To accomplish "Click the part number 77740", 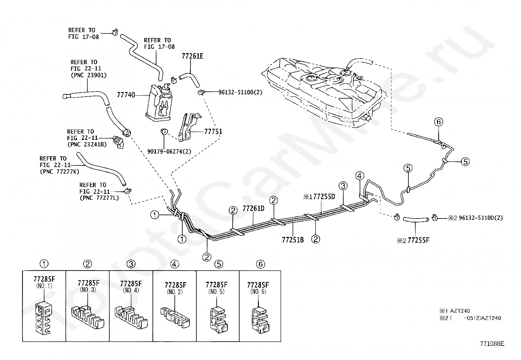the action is coord(126,95).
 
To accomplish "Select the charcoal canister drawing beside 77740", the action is coord(159,103).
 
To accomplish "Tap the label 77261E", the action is coord(192,56).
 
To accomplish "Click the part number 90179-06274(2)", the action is coord(169,152).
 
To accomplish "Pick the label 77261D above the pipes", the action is coord(253,208).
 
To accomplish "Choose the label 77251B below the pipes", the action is coord(293,240).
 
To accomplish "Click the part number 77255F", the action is coord(419,240).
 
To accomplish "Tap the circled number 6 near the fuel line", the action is coord(439,122).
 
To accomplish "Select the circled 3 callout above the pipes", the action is coord(343,186).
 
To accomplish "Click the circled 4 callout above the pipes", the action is coord(360,176).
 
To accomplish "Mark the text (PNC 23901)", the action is coord(89,75).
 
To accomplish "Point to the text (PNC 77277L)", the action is coord(99,198).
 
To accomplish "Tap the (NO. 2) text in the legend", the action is coord(175,292).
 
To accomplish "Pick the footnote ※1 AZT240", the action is coord(455,311).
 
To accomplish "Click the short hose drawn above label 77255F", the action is coord(416,219).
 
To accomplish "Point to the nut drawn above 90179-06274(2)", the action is coord(164,131).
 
